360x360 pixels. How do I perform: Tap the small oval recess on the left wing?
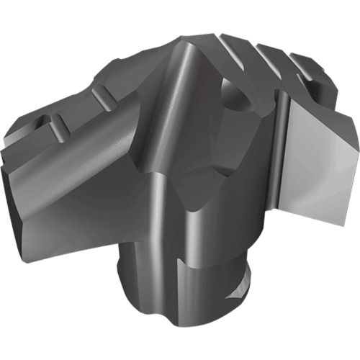[45, 120]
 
